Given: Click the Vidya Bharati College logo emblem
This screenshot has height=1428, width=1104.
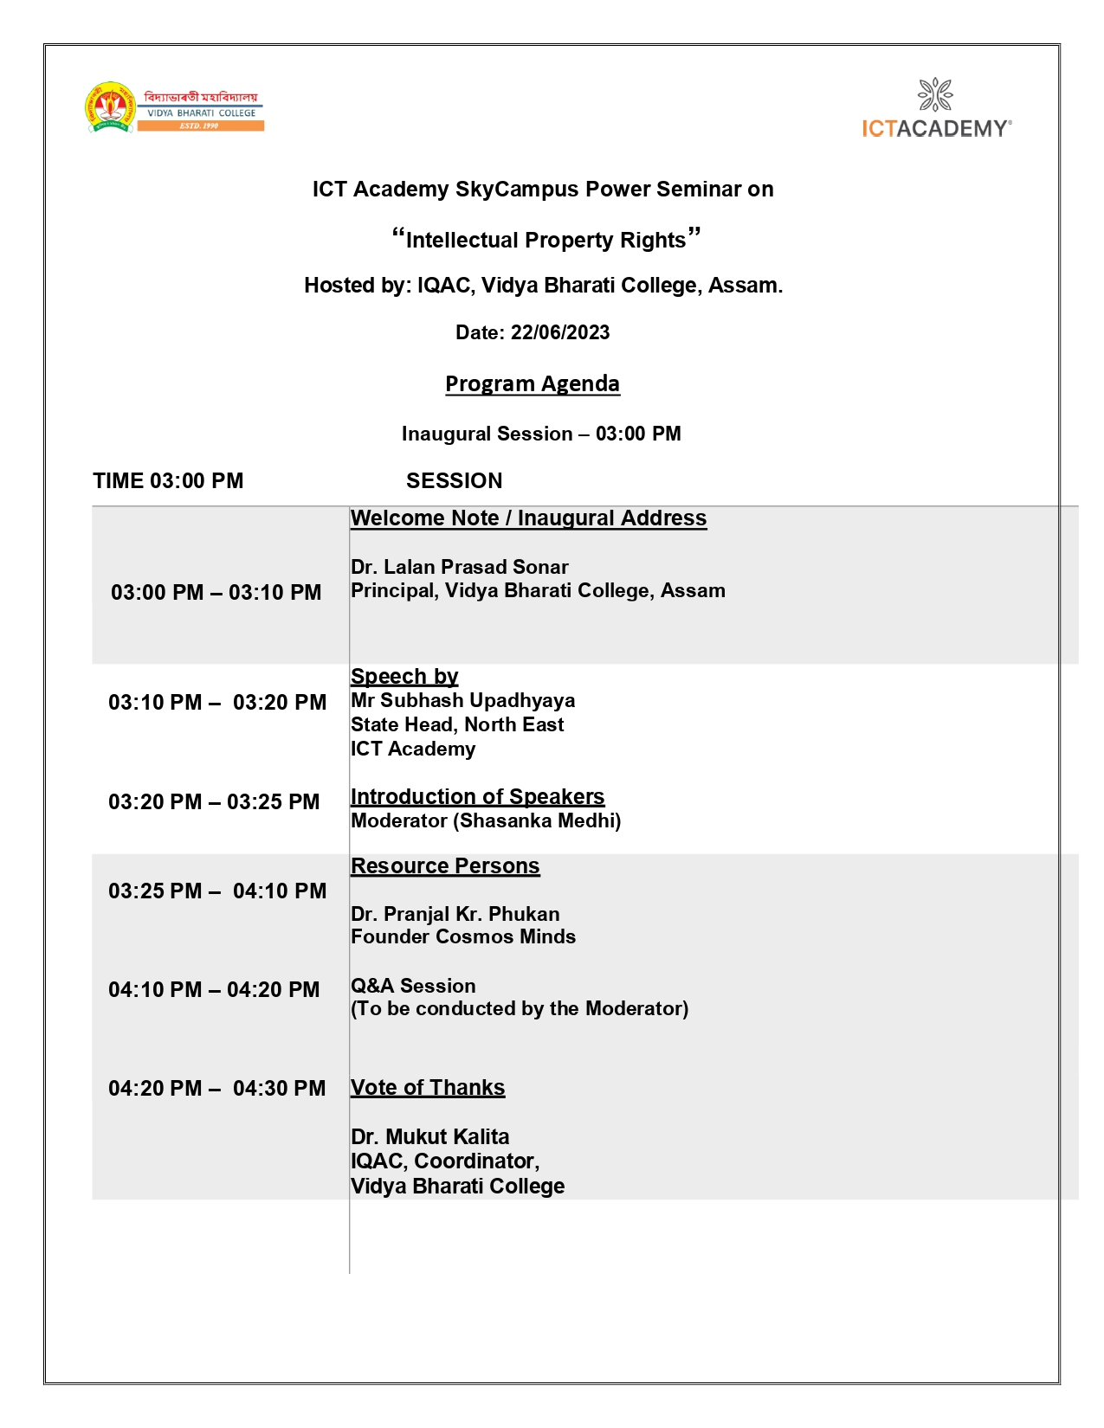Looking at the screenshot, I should click(110, 108).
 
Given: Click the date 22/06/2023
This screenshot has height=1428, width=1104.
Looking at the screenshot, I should click(560, 333).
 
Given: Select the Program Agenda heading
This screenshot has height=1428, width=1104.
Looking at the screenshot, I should click(532, 383).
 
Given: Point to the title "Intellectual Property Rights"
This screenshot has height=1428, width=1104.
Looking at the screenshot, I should click(546, 240).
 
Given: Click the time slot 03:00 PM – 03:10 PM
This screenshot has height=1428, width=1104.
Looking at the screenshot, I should click(216, 593).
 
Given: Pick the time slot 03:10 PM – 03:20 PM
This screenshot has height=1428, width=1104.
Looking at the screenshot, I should click(216, 703).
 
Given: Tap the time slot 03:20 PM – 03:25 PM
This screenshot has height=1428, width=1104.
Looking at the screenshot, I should click(214, 802).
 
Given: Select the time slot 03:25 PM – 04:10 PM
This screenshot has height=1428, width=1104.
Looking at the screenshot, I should click(216, 891).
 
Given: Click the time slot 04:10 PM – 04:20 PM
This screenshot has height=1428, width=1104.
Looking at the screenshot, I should click(214, 990).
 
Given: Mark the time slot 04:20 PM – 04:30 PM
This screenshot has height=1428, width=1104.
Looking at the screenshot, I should click(216, 1089).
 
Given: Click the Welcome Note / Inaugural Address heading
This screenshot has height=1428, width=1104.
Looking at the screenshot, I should click(528, 518).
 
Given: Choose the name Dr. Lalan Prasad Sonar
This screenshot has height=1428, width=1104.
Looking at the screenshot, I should click(459, 568).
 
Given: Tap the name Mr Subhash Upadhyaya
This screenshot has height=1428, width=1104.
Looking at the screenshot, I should click(462, 701).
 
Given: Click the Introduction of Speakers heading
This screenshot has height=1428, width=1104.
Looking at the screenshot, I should click(477, 797).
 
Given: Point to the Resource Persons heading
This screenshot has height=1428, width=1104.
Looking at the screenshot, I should click(445, 866).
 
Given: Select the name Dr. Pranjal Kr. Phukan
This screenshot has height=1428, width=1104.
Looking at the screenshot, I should click(455, 915).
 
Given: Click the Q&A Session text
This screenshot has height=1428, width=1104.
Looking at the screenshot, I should click(413, 987).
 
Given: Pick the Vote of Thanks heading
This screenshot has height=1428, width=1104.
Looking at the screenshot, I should click(428, 1088).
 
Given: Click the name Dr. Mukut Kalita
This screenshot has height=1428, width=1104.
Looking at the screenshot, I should click(429, 1137).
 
